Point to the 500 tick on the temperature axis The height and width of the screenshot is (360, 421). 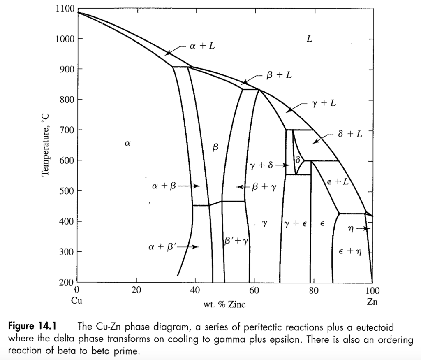click(x=66, y=191)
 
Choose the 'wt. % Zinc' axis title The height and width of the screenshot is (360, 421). click(x=224, y=305)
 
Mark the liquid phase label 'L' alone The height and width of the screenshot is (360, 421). click(x=309, y=39)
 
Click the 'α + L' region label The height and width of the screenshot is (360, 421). click(x=202, y=46)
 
